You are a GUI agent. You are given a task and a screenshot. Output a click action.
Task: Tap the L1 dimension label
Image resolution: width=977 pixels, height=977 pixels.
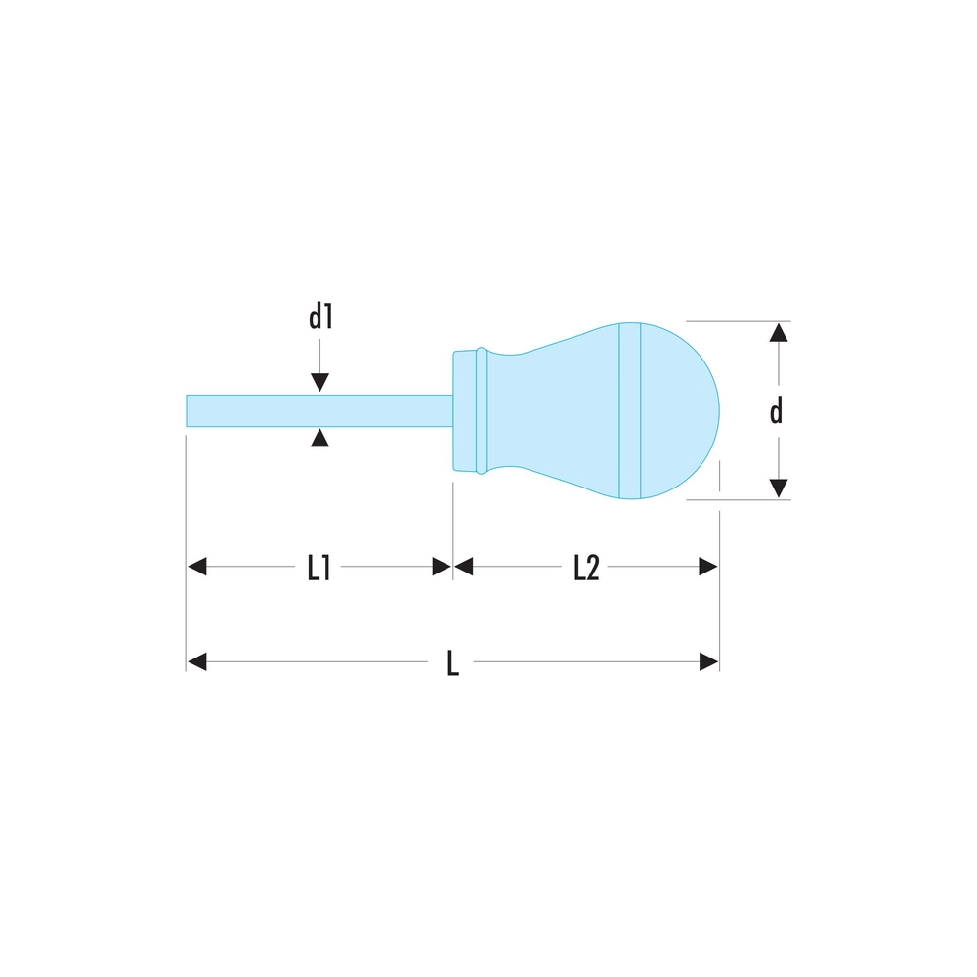point(319,568)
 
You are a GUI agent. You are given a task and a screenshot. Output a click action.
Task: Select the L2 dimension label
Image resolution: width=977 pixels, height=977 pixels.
point(585,568)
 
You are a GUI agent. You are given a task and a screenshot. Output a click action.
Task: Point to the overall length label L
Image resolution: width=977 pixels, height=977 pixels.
point(453,663)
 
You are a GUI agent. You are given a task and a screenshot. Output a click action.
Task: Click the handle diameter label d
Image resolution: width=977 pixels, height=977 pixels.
point(776,411)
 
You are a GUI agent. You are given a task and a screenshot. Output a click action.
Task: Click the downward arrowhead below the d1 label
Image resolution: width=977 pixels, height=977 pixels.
point(319,383)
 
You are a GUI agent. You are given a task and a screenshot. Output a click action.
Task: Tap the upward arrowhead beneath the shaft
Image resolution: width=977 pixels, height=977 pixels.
point(319,438)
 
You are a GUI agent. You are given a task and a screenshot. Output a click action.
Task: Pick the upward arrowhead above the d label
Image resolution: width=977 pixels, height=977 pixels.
point(779,333)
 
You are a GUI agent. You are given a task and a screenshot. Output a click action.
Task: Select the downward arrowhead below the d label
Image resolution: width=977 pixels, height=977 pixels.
point(779,488)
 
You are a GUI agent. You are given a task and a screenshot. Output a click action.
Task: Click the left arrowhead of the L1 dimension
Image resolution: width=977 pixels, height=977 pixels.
point(197,567)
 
